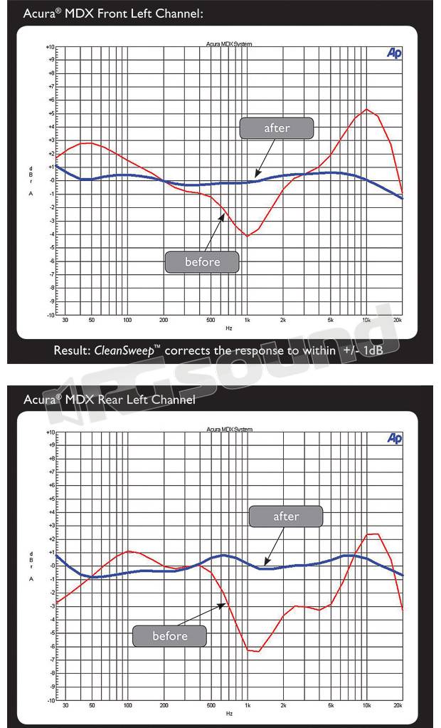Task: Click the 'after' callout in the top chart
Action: (277, 128)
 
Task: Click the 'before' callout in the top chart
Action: (202, 262)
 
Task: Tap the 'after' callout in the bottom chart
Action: (286, 516)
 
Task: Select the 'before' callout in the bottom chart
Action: (170, 636)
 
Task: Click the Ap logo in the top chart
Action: (394, 53)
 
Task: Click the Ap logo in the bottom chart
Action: (394, 439)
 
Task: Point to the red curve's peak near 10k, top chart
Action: (366, 110)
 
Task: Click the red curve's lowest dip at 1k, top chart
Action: (247, 236)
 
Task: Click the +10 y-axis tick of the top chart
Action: (50, 46)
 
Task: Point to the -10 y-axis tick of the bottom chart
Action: (50, 700)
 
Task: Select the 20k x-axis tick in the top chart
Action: (398, 321)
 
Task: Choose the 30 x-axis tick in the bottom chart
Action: (65, 707)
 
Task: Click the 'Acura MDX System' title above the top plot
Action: (228, 44)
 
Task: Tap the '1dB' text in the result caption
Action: (371, 351)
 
